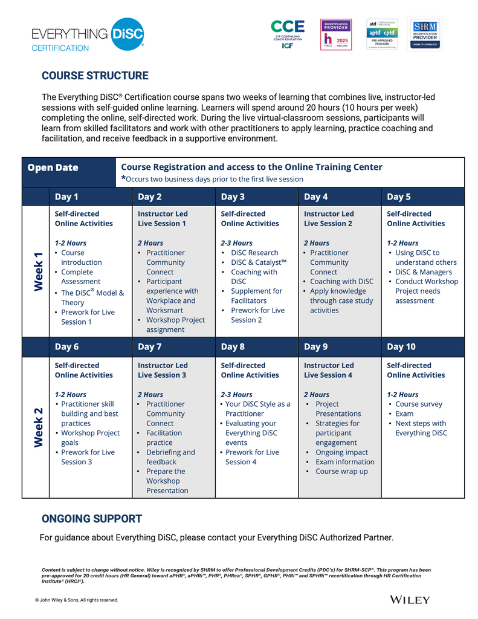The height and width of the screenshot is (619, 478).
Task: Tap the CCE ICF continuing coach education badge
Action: pyautogui.click(x=288, y=34)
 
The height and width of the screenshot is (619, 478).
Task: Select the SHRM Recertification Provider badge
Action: pyautogui.click(x=424, y=34)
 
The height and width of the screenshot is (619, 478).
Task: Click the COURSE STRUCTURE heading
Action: pyautogui.click(x=95, y=76)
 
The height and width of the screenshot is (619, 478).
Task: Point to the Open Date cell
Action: pyautogui.click(x=53, y=167)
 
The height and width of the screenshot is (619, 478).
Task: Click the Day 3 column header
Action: pyautogui.click(x=233, y=196)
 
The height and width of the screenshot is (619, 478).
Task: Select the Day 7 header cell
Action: pyautogui.click(x=150, y=347)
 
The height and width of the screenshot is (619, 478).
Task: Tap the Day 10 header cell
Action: pyautogui.click(x=401, y=347)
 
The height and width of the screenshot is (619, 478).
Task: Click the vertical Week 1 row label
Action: pyautogui.click(x=37, y=271)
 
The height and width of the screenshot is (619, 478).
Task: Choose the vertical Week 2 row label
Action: pyautogui.click(x=37, y=427)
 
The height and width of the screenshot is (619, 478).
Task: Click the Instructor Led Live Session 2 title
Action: pyautogui.click(x=329, y=219)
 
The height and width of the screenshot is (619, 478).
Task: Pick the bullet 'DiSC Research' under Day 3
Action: pyautogui.click(x=254, y=253)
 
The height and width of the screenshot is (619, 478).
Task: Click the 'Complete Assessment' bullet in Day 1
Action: pyautogui.click(x=81, y=277)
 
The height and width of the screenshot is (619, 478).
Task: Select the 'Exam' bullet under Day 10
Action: pyautogui.click(x=404, y=413)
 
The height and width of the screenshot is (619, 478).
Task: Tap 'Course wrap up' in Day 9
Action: pyautogui.click(x=341, y=472)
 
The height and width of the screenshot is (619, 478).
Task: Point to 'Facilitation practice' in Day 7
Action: pyautogui.click(x=164, y=438)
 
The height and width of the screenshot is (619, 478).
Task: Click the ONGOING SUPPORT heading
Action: pyautogui.click(x=92, y=519)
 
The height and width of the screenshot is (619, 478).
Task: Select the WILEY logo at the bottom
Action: pyautogui.click(x=410, y=600)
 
